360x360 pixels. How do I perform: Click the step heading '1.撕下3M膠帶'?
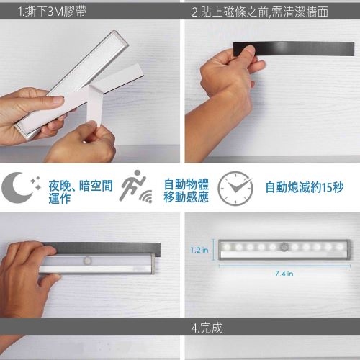pos(52,12)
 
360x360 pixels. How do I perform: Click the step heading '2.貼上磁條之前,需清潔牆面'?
pos(260,12)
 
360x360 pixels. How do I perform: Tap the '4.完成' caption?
pos(207,328)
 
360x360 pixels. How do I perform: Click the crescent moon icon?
pos(17,187)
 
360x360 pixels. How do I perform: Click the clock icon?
pos(235,188)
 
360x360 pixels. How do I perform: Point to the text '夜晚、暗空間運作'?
pos(81,192)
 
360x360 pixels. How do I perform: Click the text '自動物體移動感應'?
pos(186,191)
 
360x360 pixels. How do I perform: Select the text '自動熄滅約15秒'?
pos(305,187)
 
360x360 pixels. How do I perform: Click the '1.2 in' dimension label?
pos(199,250)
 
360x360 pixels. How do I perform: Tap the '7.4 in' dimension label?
pos(284,274)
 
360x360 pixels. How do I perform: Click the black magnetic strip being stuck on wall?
pos(294,49)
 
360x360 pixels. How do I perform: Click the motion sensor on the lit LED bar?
pos(284,247)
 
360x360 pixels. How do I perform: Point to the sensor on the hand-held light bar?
pos(87,261)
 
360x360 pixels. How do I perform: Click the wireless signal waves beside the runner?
pos(146,197)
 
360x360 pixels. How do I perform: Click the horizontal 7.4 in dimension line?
pos(284,266)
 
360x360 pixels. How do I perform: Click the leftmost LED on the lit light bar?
pos(227,247)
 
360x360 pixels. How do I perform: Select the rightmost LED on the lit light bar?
pos(340,247)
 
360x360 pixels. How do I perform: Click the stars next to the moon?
pos(36,183)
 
